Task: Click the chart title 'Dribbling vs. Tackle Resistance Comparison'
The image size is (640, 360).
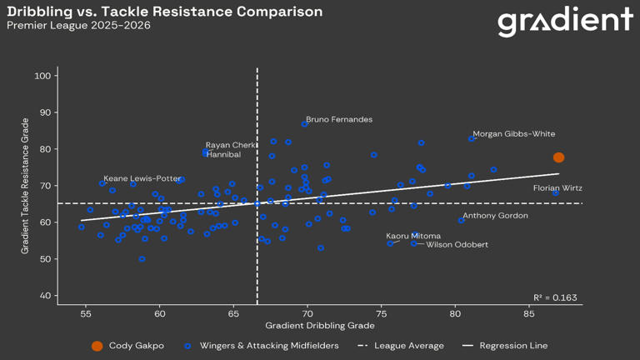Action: pos(164,12)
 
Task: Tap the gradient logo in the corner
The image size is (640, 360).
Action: pos(565,22)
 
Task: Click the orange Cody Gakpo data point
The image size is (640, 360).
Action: pos(559,157)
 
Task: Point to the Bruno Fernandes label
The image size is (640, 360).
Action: pos(339,120)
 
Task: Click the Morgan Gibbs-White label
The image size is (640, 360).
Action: pos(513,134)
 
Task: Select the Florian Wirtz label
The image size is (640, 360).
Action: pos(557,189)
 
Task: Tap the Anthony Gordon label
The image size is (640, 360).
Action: pos(495,216)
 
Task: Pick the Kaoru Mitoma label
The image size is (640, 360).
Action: pos(413,237)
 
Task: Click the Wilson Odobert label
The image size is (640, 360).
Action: pos(457,245)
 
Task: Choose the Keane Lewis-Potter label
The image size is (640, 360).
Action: pos(142,178)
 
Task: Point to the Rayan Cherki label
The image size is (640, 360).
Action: pos(232,145)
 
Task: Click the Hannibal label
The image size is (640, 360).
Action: pos(223,155)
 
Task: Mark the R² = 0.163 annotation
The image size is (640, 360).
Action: pos(555,297)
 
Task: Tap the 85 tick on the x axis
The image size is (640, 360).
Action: pos(529,314)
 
